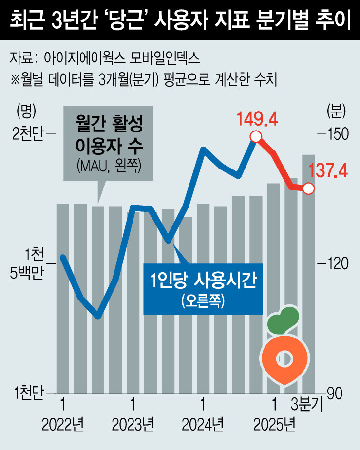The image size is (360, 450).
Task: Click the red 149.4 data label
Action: (x=257, y=118)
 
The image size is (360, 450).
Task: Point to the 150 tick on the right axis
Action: (x=334, y=134)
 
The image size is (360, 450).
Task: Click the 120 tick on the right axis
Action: (x=334, y=263)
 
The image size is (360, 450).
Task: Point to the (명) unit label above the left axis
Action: (x=25, y=112)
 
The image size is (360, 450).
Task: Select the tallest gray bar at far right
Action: (x=308, y=273)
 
